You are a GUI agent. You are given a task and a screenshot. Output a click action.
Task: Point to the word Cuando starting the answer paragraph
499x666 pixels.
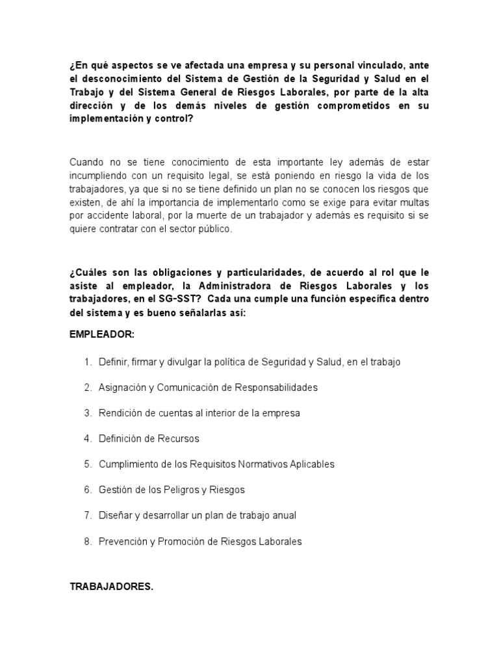tap(86, 162)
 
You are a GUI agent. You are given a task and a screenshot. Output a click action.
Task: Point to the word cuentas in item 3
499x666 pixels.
tap(167, 413)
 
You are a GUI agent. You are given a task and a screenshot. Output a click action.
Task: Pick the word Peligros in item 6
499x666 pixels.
tap(181, 490)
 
